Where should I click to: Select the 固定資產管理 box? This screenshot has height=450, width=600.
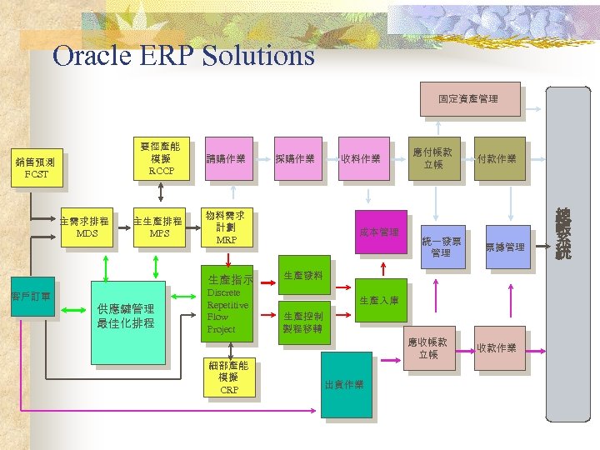[x=468, y=99]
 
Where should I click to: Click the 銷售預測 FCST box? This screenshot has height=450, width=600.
[x=37, y=167]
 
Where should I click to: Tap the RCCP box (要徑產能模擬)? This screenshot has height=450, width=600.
[x=161, y=157]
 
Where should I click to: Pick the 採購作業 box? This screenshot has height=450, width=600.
[x=296, y=158]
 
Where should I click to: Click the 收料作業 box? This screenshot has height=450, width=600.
[x=360, y=158]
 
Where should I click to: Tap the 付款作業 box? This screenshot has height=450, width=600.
[x=497, y=158]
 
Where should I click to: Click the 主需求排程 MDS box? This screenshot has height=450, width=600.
[x=87, y=227]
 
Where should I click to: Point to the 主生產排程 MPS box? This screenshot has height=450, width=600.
[x=158, y=227]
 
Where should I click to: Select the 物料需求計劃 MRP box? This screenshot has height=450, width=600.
[x=227, y=227]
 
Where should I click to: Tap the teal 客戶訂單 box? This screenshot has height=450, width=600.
[x=32, y=297]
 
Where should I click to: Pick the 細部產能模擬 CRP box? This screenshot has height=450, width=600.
[x=228, y=377]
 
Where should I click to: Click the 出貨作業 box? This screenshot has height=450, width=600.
[x=347, y=384]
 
